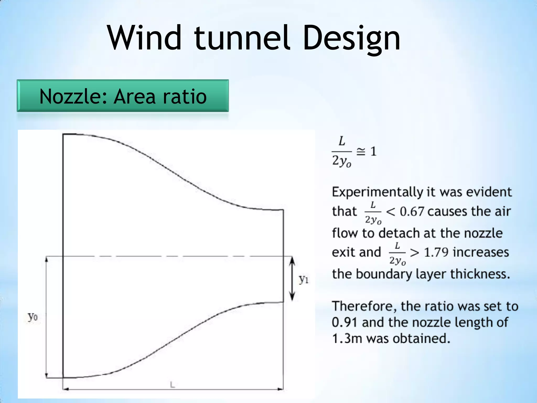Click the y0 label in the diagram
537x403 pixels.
click(x=33, y=317)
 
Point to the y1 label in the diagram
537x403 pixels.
click(x=304, y=279)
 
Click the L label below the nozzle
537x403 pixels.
click(x=172, y=385)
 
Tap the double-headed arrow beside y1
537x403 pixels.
click(x=292, y=279)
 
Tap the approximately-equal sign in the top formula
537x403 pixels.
click(x=361, y=152)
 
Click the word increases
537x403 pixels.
click(x=481, y=252)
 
